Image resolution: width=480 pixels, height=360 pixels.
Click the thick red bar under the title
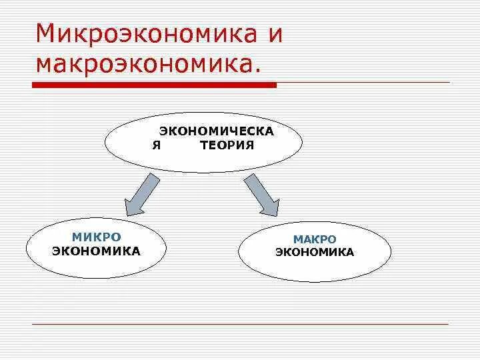click(x=154, y=85)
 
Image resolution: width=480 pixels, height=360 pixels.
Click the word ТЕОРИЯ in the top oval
click(x=227, y=145)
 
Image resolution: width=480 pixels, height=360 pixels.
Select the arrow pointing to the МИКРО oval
click(x=142, y=194)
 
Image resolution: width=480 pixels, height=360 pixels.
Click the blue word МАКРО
click(x=315, y=239)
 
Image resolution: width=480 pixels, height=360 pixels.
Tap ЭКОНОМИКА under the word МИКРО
click(x=97, y=251)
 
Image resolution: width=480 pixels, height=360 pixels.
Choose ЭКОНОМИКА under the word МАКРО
click(x=315, y=253)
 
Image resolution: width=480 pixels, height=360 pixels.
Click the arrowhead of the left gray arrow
click(x=133, y=209)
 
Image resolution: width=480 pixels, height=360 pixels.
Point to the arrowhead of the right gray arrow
click(x=269, y=209)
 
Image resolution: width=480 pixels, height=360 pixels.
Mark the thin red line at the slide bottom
click(x=240, y=324)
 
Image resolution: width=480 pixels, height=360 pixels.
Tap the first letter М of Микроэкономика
click(x=46, y=34)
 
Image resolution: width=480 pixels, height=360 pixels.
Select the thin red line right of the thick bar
click(x=363, y=82)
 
